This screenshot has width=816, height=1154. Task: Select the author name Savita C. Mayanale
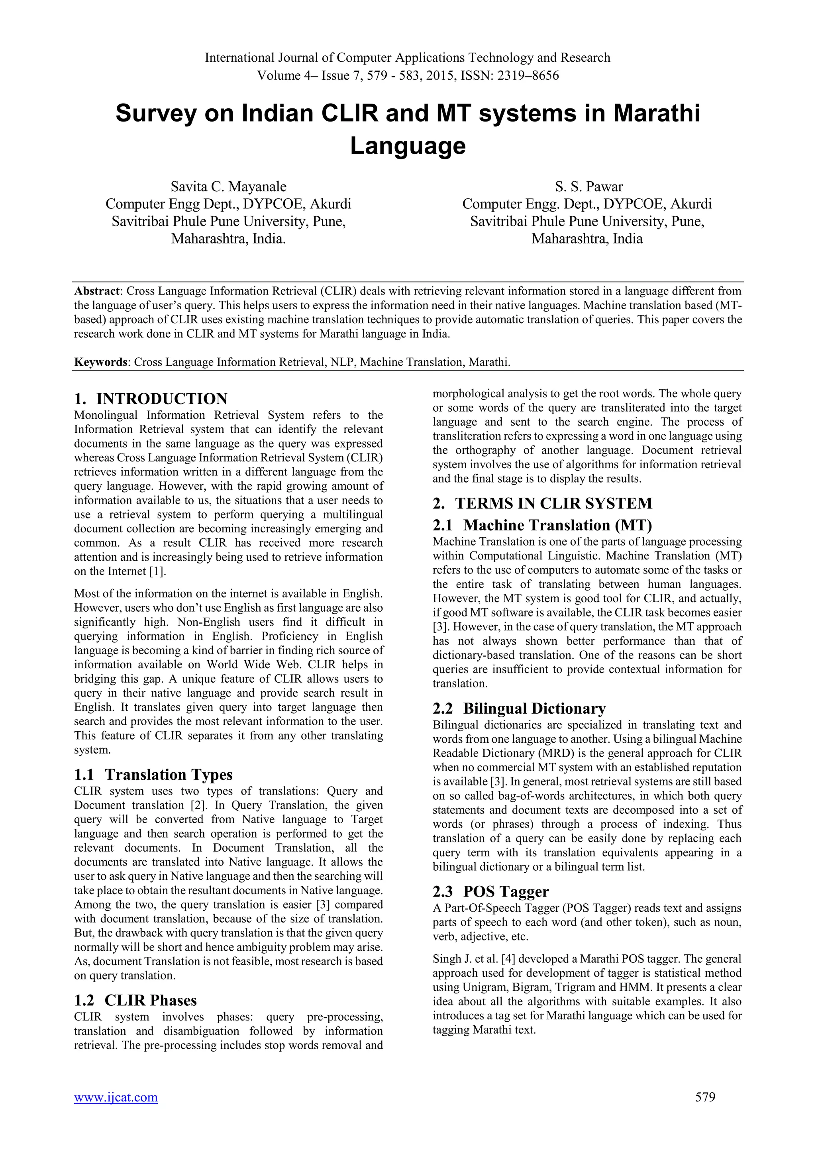pyautogui.click(x=228, y=187)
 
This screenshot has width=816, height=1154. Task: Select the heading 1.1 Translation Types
pyautogui.click(x=153, y=775)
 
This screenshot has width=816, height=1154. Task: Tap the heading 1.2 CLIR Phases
pyautogui.click(x=135, y=1000)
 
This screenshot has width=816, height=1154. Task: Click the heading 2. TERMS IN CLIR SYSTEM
pyautogui.click(x=543, y=504)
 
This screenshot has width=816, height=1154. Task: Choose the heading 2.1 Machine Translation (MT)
pyautogui.click(x=542, y=525)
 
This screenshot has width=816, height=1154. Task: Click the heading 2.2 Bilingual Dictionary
pyautogui.click(x=519, y=708)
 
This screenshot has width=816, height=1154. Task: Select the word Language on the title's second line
pyautogui.click(x=408, y=146)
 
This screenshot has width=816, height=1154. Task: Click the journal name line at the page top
pyautogui.click(x=408, y=58)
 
